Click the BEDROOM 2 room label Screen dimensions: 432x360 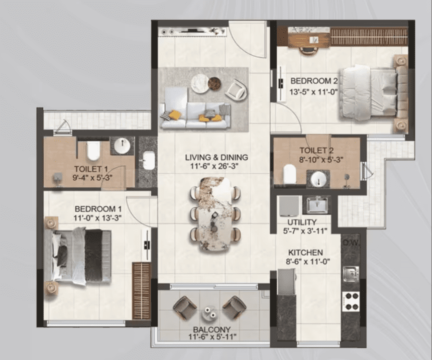tap(314, 81)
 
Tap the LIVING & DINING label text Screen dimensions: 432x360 tap(217, 157)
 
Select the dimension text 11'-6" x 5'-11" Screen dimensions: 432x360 tap(212, 336)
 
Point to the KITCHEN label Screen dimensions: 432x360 tap(305, 253)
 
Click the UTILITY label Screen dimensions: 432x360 tap(302, 222)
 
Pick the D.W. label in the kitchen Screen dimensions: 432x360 tap(351, 243)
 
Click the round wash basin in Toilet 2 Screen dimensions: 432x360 tap(319, 179)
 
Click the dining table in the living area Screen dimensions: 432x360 tap(215, 214)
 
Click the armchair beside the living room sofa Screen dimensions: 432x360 tap(236, 89)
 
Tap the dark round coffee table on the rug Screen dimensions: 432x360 tap(214, 83)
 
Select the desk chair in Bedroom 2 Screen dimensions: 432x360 tap(308, 50)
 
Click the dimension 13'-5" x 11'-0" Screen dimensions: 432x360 tap(313, 92)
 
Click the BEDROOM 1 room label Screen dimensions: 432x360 tap(98, 209)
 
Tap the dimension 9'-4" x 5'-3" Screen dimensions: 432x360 tap(92, 177)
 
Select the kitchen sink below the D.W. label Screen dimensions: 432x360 tap(351, 273)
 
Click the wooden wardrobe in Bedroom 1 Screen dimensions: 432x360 tap(142, 291)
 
